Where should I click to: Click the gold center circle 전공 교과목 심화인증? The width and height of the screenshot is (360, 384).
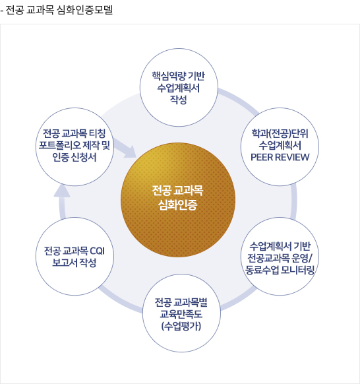(178, 200)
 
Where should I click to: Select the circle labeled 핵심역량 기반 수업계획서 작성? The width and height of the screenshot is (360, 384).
(179, 88)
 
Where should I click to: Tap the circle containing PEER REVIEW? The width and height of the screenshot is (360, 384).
(280, 146)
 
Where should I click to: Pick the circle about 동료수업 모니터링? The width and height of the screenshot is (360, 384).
(280, 257)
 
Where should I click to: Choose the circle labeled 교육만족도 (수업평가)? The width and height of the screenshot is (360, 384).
(181, 313)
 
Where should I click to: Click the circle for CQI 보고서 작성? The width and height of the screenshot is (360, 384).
(75, 257)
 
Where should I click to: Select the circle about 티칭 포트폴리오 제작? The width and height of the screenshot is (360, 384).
(75, 146)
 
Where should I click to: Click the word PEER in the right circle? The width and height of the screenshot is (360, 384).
(260, 157)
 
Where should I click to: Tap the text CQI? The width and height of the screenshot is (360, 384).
(97, 251)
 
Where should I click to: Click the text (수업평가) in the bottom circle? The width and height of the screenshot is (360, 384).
(181, 326)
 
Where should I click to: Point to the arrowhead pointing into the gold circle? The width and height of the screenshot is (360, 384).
(130, 152)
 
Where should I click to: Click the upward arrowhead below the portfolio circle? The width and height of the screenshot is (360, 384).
(62, 191)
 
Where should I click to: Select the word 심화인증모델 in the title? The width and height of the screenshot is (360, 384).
(84, 10)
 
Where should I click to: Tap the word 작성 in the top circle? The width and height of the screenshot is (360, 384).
(179, 100)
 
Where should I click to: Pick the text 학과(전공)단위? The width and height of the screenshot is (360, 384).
(280, 134)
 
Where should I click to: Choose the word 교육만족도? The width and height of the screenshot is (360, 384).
(181, 314)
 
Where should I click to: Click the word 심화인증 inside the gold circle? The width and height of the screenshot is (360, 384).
(177, 205)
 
